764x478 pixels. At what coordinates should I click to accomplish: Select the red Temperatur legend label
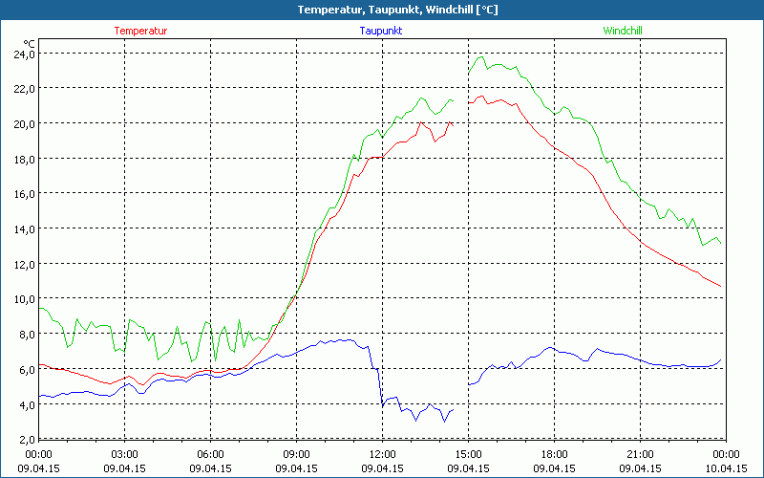(x=140, y=31)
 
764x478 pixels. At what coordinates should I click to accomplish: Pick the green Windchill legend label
(x=623, y=31)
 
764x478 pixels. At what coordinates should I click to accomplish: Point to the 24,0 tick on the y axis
(x=23, y=54)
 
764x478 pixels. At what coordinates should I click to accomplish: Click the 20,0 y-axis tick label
(x=23, y=123)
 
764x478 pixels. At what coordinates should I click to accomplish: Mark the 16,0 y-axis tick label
(x=23, y=193)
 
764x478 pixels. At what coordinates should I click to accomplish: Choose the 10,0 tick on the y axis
(x=23, y=298)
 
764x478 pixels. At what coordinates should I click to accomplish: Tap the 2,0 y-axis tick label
(x=25, y=439)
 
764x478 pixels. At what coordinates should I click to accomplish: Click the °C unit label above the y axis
(x=30, y=44)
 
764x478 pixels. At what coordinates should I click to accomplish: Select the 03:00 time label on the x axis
(x=124, y=454)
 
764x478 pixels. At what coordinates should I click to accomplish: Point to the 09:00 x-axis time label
(x=296, y=454)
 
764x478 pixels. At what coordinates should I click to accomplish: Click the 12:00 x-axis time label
(x=382, y=454)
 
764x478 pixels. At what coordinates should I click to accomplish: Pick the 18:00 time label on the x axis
(x=554, y=454)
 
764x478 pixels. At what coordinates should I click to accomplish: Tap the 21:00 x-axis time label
(x=640, y=454)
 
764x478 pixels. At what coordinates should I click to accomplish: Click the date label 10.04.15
(x=726, y=468)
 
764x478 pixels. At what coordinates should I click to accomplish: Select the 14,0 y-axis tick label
(x=23, y=228)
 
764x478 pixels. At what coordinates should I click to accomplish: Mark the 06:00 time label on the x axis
(x=210, y=454)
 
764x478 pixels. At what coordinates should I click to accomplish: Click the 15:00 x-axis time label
(x=468, y=454)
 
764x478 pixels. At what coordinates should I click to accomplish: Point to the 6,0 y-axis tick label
(x=25, y=369)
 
